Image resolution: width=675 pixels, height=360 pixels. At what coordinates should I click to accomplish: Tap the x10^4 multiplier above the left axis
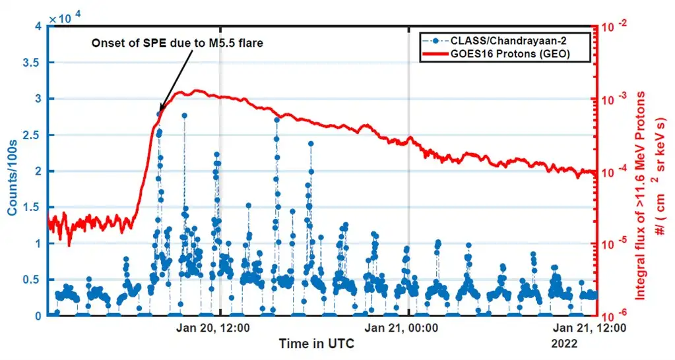coord(63,17)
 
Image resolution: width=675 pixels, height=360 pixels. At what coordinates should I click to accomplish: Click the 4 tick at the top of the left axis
coord(38,26)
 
